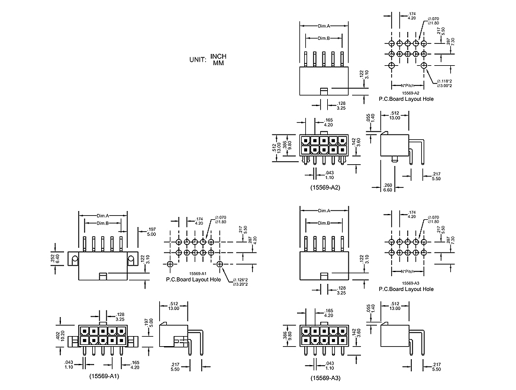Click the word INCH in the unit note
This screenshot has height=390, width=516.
[218, 56]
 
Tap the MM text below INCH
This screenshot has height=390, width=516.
[218, 62]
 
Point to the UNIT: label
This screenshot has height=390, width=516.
[198, 60]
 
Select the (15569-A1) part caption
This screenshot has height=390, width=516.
[105, 376]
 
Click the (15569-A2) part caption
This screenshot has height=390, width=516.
[325, 187]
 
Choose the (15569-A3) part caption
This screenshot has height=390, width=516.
[325, 378]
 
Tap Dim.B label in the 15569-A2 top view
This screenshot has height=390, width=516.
[324, 39]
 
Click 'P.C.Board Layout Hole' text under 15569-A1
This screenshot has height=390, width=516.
[193, 279]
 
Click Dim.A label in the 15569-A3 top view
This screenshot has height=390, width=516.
[324, 211]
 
